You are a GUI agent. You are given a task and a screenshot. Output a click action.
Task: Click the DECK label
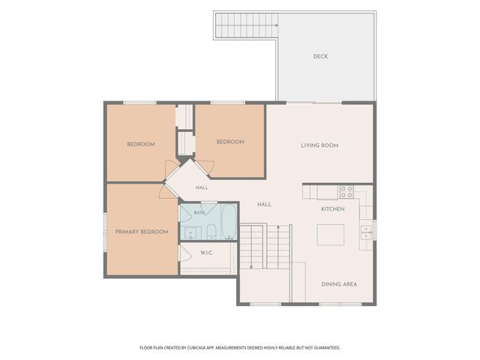point(320,56)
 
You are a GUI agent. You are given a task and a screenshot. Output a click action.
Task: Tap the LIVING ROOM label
point(319,145)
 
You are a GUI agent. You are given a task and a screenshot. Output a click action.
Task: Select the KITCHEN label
point(333,209)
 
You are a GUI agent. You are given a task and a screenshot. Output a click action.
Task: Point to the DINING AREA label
point(339,284)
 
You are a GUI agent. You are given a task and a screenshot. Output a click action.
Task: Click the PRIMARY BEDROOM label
point(142,232)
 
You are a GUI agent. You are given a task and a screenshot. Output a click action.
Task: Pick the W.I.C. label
point(206,253)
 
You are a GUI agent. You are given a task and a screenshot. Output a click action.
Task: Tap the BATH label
point(199,213)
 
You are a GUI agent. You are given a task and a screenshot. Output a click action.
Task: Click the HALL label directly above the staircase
point(264,205)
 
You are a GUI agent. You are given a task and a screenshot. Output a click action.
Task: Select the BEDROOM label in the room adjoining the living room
point(230,142)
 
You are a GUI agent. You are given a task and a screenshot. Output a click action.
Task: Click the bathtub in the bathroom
point(229,222)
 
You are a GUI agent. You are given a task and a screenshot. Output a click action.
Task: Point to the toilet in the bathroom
point(211,232)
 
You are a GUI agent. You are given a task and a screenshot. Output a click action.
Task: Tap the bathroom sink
point(190,232)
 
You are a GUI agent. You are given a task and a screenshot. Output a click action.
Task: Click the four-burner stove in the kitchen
point(346,192)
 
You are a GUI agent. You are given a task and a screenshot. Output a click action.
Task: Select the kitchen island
point(331,235)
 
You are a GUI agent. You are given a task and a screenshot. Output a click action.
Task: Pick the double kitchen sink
point(366,232)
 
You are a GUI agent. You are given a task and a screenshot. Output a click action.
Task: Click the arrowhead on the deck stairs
point(277,25)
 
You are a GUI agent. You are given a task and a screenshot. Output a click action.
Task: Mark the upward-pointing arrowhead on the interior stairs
point(278,227)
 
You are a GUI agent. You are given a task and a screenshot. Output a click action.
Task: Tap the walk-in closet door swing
point(185,253)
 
